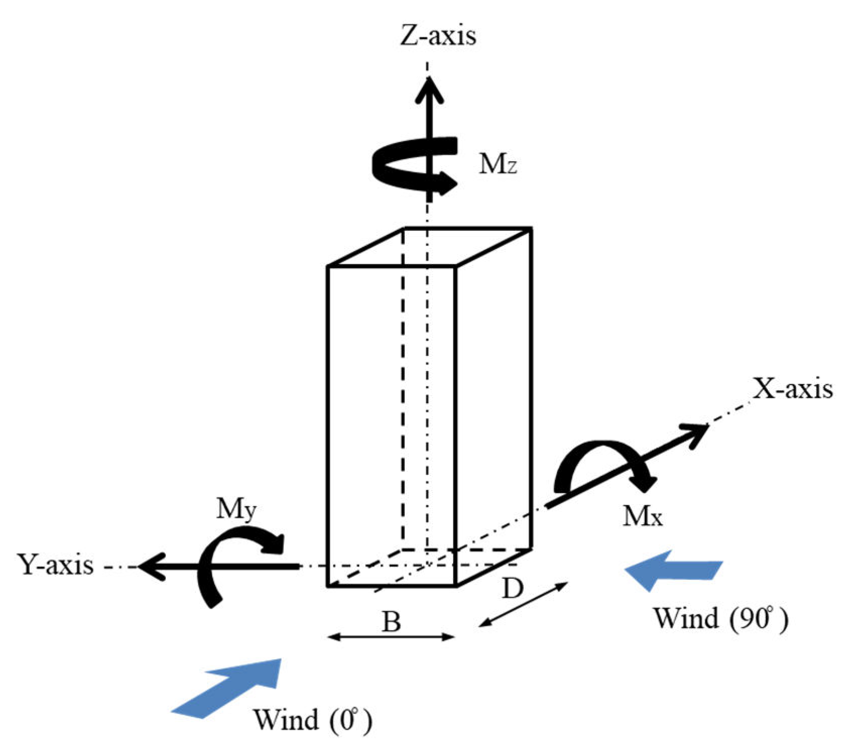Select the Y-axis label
coord(55,565)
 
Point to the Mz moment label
coord(498,164)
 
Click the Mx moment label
coord(642,516)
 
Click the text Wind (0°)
coord(313,720)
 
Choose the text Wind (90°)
coord(721,617)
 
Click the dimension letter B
coord(391,621)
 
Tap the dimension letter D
coord(513,588)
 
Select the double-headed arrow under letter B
coord(391,638)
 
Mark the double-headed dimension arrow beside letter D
coord(523,604)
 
